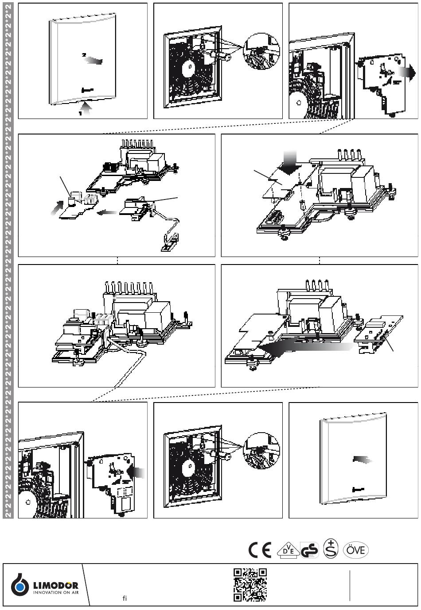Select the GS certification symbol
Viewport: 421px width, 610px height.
click(309, 550)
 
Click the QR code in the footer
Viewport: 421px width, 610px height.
click(250, 585)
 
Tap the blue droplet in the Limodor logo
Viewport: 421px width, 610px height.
click(20, 587)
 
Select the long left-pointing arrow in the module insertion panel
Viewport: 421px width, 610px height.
click(306, 349)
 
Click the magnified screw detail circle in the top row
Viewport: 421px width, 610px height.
click(261, 52)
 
